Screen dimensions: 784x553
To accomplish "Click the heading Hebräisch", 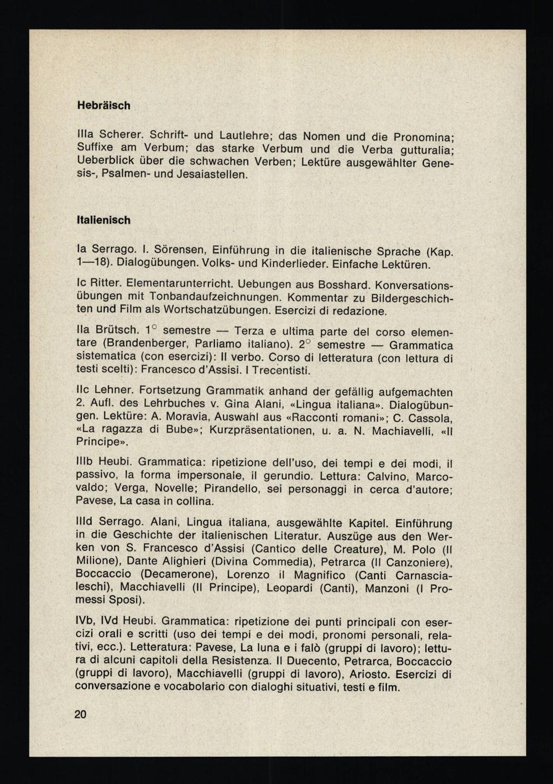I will [x=103, y=105].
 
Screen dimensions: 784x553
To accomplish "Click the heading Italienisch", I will [x=103, y=220].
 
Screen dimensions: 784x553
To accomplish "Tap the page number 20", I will [x=80, y=714].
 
